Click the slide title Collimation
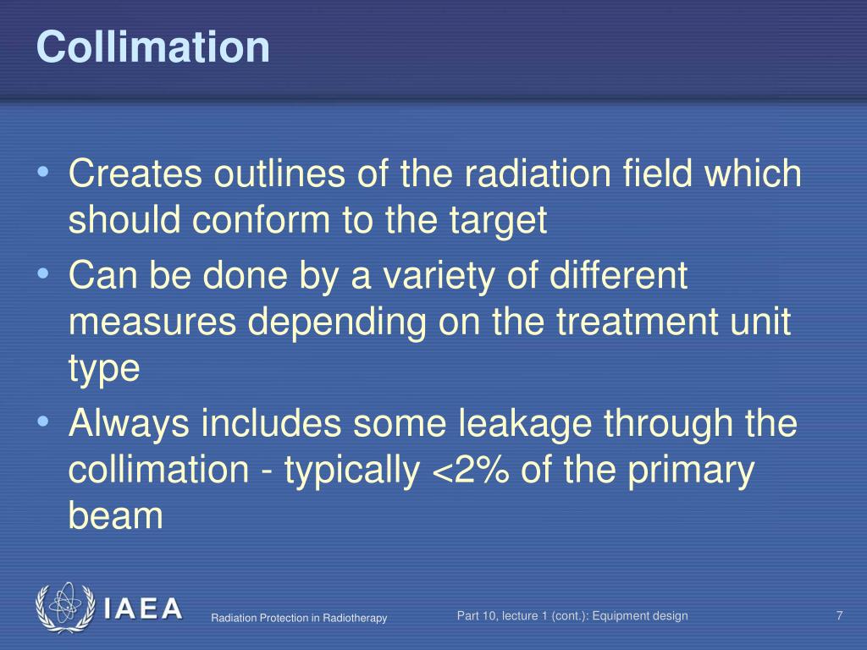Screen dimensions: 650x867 [x=153, y=47]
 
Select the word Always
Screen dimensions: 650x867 [x=130, y=424]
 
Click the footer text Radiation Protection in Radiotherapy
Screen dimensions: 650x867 [x=299, y=619]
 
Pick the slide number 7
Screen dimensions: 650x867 [x=839, y=616]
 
